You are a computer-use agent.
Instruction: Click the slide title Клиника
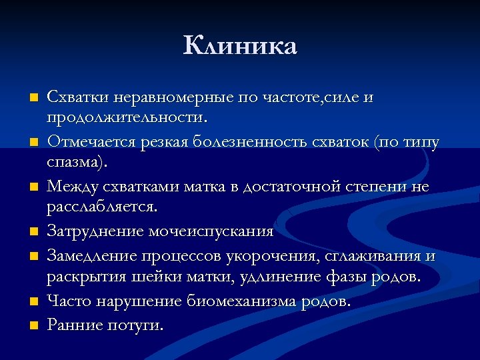(240, 46)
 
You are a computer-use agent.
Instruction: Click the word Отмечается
(90, 143)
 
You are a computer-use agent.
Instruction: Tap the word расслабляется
(101, 207)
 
